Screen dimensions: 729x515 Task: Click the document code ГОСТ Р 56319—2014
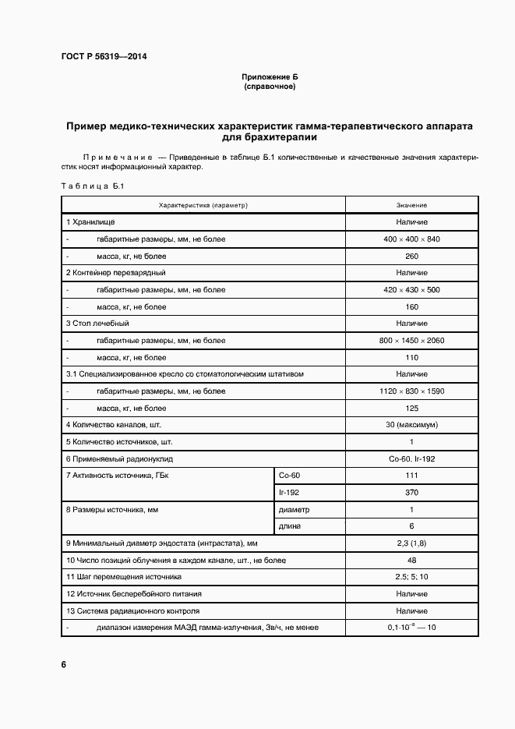[x=104, y=57]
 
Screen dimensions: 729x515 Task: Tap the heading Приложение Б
[x=270, y=77]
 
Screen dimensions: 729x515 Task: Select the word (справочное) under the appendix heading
[x=270, y=87]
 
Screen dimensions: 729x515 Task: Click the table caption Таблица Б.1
[x=87, y=186]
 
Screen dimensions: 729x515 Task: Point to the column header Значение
[x=411, y=205]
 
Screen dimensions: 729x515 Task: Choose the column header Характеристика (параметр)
[x=203, y=205]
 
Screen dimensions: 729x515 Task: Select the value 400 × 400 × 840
[x=411, y=239]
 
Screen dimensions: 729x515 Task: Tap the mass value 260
[x=411, y=256]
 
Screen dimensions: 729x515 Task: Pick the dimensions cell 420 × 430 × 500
[x=411, y=290]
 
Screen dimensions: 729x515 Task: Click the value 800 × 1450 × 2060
[x=411, y=341]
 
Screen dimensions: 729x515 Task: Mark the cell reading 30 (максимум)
[x=411, y=425]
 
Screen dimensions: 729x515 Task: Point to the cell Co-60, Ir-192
[x=411, y=458]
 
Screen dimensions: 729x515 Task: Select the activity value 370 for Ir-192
[x=411, y=493]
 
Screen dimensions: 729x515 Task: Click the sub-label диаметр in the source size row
[x=294, y=510]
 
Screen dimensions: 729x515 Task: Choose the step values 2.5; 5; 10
[x=411, y=577]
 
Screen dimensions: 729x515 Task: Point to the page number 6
[x=63, y=665]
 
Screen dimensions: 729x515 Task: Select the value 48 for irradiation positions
[x=411, y=561]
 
